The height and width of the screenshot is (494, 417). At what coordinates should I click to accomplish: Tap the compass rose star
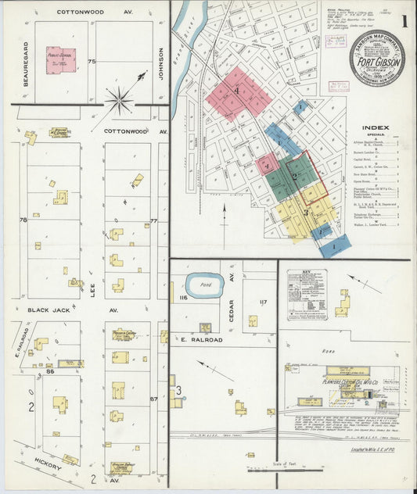120,99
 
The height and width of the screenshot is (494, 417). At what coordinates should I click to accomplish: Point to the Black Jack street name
50,310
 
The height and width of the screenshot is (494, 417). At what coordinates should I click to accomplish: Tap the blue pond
205,285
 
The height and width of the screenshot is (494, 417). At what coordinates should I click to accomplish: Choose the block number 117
263,302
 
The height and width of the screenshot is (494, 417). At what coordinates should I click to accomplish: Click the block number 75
92,61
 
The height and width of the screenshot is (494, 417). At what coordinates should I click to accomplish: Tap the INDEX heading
377,128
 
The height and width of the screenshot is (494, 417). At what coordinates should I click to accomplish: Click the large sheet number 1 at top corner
404,21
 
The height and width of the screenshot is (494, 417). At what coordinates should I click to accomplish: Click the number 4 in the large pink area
235,91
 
